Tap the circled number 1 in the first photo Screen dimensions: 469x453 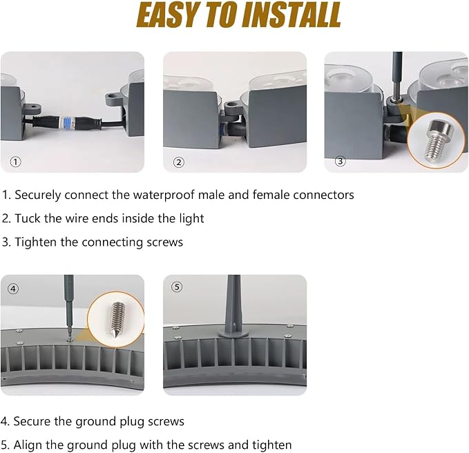(16, 162)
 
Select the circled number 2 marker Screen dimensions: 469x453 (179, 162)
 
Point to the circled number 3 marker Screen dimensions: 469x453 (340, 161)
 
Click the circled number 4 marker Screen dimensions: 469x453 (13, 289)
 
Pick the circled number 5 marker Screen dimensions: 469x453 (176, 287)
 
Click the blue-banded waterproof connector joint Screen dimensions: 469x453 (68, 122)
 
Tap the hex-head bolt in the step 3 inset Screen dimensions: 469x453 (439, 139)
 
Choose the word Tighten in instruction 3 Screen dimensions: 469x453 (36, 242)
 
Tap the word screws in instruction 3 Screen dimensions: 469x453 (164, 242)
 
